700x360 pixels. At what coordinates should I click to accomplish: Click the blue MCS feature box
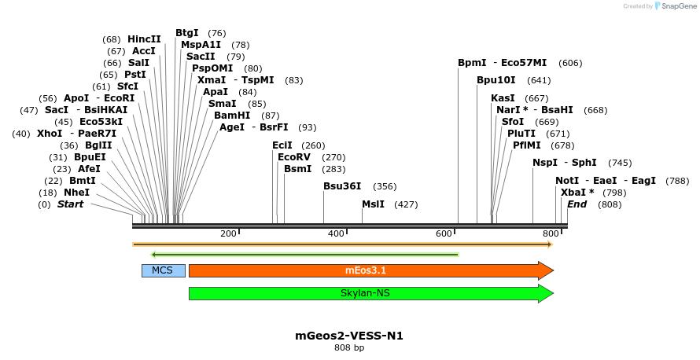(x=163, y=270)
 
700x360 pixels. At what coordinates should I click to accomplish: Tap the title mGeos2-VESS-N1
(x=349, y=336)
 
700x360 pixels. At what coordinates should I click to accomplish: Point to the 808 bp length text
(x=349, y=347)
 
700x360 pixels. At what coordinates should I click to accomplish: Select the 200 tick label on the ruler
(x=228, y=234)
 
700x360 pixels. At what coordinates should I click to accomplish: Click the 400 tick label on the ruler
(x=336, y=234)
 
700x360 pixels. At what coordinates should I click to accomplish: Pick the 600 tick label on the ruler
(x=444, y=234)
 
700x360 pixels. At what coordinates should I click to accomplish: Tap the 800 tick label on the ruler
(x=551, y=234)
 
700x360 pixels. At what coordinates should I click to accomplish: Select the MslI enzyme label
(x=373, y=204)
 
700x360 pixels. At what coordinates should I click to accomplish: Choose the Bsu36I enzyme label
(x=342, y=186)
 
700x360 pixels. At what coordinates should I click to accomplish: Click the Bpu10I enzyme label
(x=496, y=80)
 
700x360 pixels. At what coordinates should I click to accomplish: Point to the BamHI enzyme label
(x=232, y=116)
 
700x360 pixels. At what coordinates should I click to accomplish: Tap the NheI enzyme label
(x=76, y=193)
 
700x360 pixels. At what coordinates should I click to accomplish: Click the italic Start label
(x=70, y=204)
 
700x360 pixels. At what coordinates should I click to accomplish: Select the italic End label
(x=577, y=204)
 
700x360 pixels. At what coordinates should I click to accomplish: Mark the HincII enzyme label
(x=144, y=39)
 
